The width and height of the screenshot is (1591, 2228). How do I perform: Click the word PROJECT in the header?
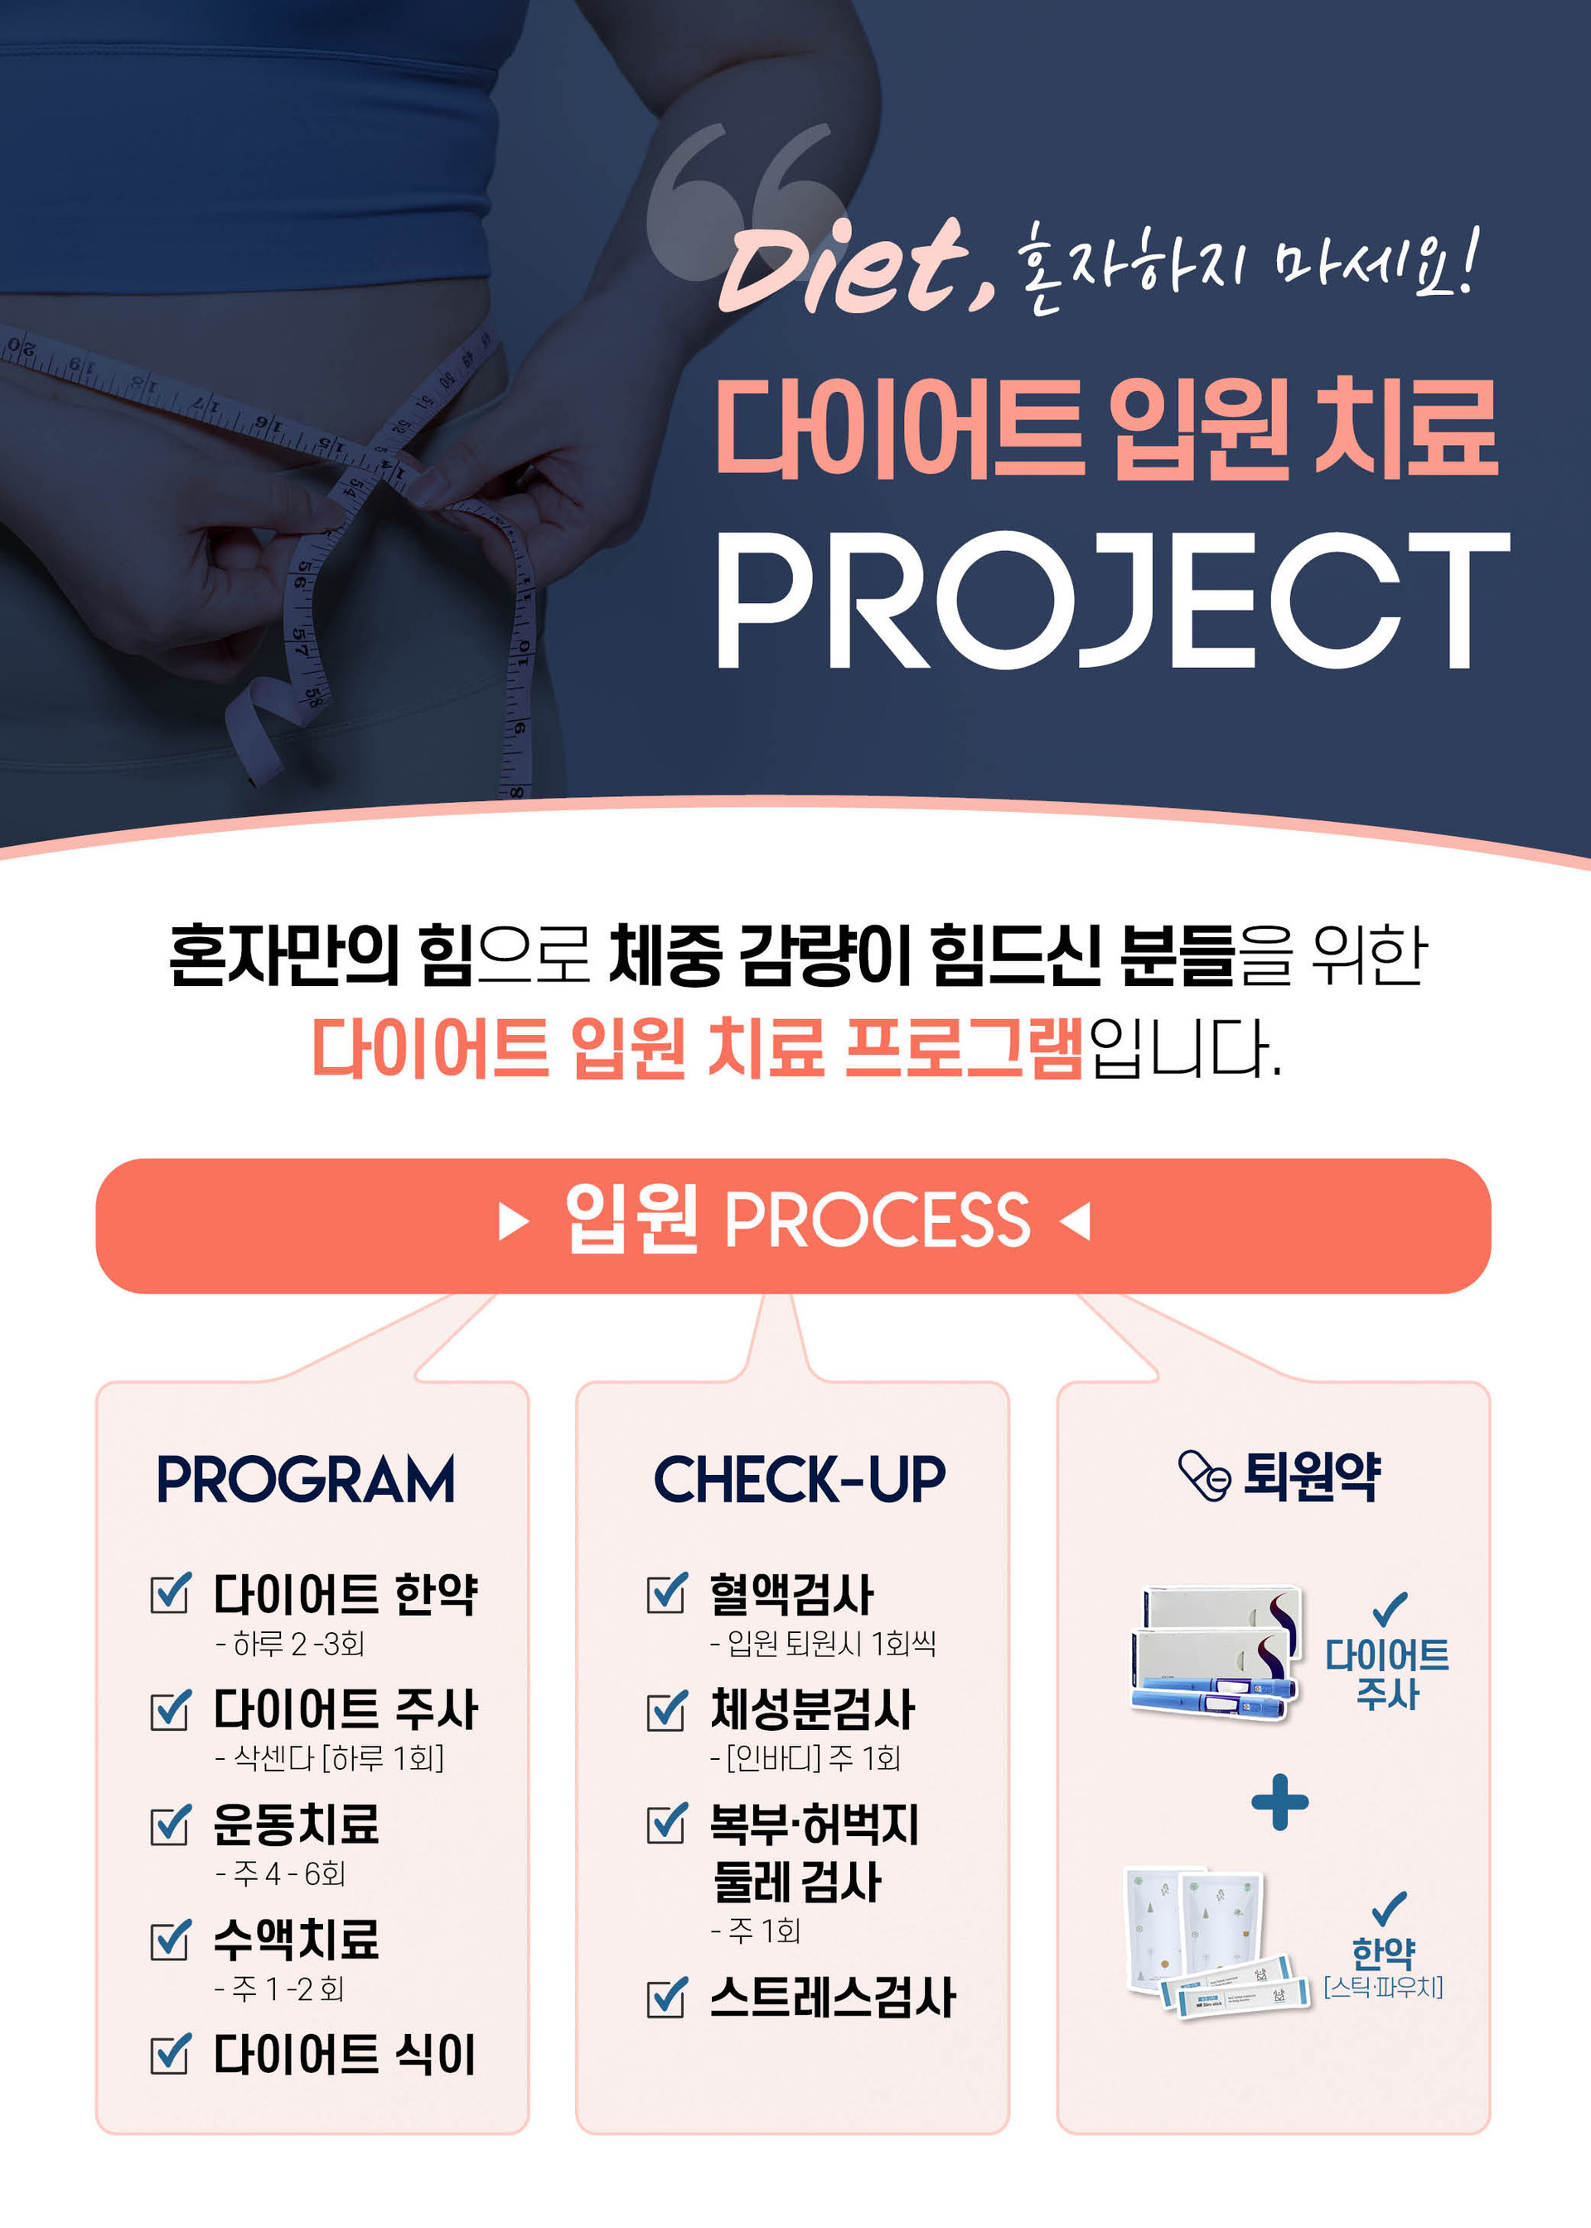(1113, 602)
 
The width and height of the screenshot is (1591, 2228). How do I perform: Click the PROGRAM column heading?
(306, 1479)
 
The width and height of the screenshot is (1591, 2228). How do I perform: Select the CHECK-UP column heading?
(800, 1479)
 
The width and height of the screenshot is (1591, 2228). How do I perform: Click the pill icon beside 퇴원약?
(1204, 1476)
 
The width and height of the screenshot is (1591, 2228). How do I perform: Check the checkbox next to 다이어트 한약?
(171, 1593)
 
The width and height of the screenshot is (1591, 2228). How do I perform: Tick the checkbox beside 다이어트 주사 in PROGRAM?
(171, 1709)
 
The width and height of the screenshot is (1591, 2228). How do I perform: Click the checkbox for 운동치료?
(171, 1824)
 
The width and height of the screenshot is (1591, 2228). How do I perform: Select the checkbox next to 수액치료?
(171, 1939)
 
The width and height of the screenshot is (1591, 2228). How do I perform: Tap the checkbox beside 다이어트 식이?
(171, 2054)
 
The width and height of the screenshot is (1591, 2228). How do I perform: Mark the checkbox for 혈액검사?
(667, 1593)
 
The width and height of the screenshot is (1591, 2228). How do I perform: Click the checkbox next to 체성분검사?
(667, 1709)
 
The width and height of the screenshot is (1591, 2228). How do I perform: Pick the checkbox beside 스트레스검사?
(667, 1997)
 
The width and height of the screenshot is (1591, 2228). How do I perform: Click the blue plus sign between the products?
(1279, 1802)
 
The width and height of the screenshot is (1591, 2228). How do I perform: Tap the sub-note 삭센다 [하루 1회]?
(329, 1758)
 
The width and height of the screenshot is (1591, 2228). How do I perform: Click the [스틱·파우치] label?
(1382, 1987)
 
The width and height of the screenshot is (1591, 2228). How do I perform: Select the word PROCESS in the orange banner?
(877, 1220)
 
